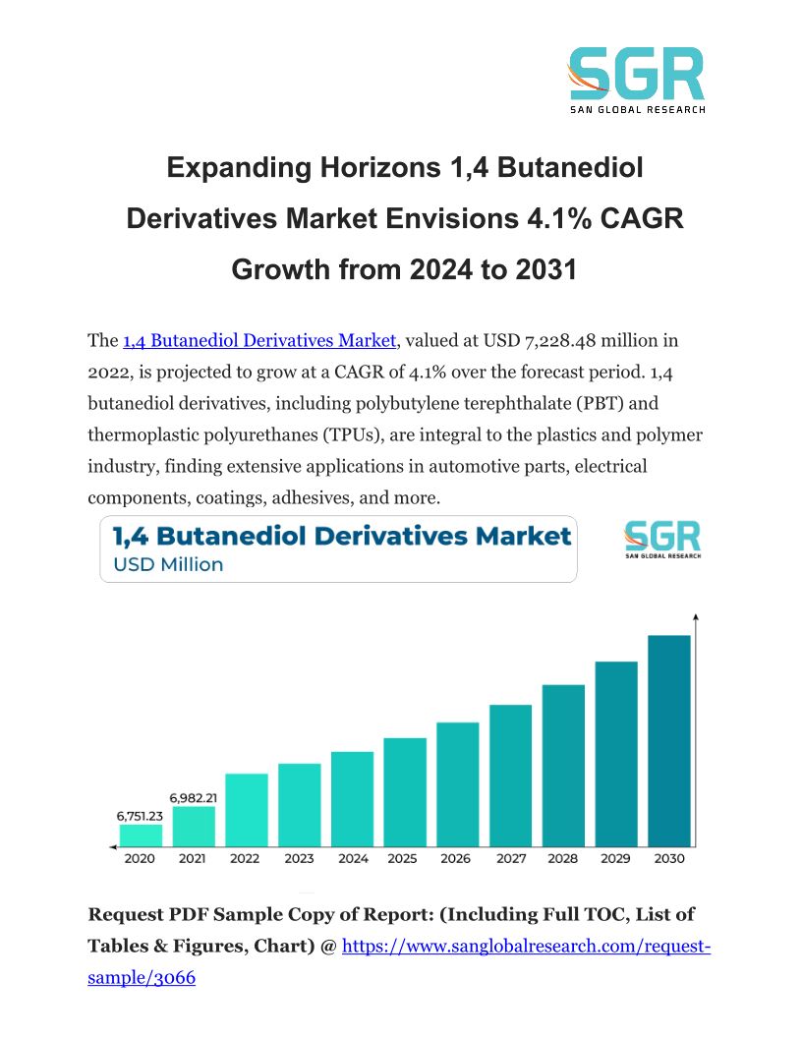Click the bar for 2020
click(x=141, y=835)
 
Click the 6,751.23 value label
click(x=140, y=815)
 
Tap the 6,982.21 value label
click(x=194, y=797)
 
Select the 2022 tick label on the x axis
click(x=246, y=858)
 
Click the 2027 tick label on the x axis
click(x=510, y=858)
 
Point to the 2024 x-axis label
click(x=352, y=858)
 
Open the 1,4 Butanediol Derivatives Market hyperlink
click(x=259, y=341)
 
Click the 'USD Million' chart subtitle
click(x=168, y=564)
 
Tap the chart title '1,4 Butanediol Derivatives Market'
click(x=341, y=536)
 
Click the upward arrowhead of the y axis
click(x=696, y=617)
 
